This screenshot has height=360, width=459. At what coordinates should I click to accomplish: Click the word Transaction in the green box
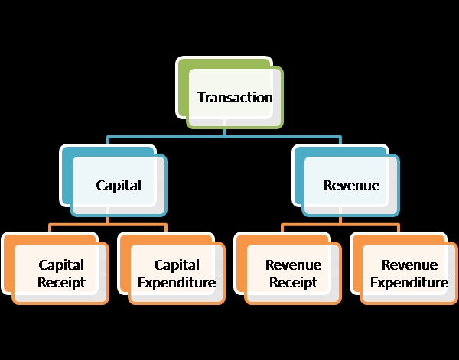[x=234, y=97]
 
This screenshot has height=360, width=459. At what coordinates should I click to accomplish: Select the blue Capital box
[x=119, y=185]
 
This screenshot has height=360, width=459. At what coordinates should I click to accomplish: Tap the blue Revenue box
[x=351, y=185]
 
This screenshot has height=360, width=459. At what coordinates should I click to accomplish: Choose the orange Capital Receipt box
[x=61, y=274]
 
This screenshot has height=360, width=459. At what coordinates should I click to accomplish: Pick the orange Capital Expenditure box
[x=177, y=274]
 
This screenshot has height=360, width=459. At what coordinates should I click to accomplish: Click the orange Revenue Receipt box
[x=293, y=274]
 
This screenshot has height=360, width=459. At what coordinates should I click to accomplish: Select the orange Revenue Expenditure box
[x=409, y=274]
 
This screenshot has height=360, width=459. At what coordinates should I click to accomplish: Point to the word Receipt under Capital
[x=61, y=283]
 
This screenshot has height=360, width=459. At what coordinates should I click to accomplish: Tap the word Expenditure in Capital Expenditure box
[x=177, y=283]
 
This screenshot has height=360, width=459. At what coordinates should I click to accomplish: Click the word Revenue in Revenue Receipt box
[x=293, y=265]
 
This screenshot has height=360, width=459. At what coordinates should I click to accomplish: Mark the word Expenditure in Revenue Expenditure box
[x=409, y=283]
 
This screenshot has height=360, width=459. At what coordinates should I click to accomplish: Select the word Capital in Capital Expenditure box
[x=177, y=265]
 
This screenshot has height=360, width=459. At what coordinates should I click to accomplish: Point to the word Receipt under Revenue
[x=293, y=283]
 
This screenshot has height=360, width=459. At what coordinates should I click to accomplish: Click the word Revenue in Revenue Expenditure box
[x=409, y=265]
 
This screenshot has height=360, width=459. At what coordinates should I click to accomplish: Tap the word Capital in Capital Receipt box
[x=61, y=265]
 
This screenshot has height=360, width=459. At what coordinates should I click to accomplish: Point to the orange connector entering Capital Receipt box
[x=50, y=228]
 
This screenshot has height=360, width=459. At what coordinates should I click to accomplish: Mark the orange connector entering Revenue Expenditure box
[x=399, y=228]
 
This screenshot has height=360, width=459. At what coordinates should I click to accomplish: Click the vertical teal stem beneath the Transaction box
[x=223, y=131]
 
